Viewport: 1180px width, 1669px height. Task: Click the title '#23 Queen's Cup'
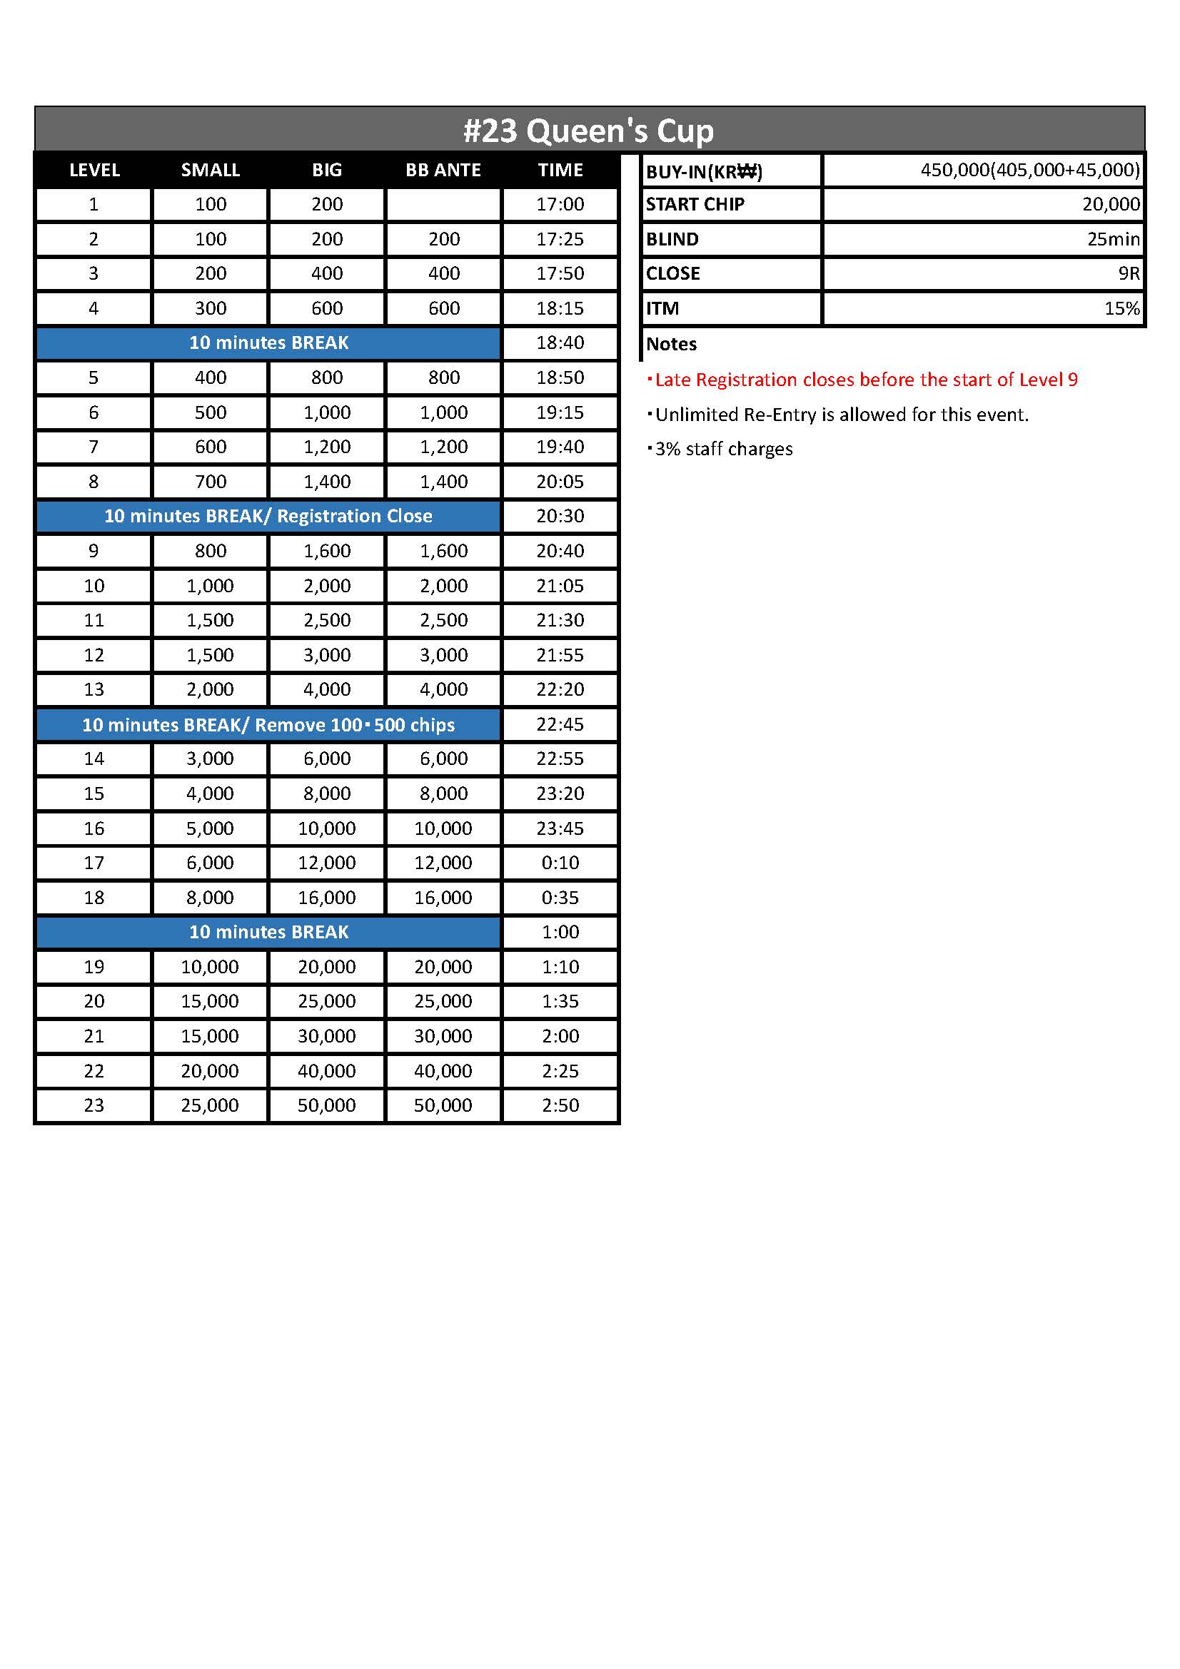point(589,131)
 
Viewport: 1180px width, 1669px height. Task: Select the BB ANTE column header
point(443,170)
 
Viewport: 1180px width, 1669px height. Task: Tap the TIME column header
point(560,170)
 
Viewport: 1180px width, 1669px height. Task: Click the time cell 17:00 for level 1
point(560,204)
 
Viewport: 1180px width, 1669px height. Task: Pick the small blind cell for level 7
point(210,447)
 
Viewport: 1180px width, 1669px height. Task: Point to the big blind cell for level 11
point(326,620)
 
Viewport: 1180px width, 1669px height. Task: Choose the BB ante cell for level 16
point(443,828)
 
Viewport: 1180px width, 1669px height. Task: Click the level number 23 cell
point(94,1105)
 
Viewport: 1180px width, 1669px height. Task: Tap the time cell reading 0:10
point(560,863)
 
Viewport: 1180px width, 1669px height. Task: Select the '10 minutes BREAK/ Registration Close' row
point(268,516)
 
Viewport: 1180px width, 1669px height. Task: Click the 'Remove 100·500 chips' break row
point(268,725)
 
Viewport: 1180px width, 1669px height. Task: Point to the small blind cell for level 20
point(210,1001)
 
